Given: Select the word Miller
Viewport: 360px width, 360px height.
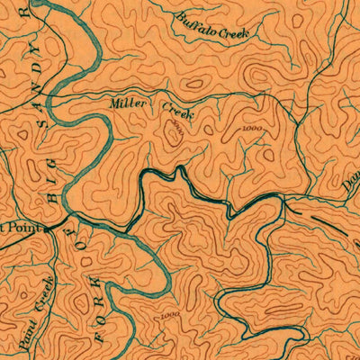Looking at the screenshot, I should [127, 103].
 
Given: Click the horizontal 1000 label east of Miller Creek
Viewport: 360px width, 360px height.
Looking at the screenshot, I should [255, 129].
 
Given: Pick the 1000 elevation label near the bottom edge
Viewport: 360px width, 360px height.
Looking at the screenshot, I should [167, 315].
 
